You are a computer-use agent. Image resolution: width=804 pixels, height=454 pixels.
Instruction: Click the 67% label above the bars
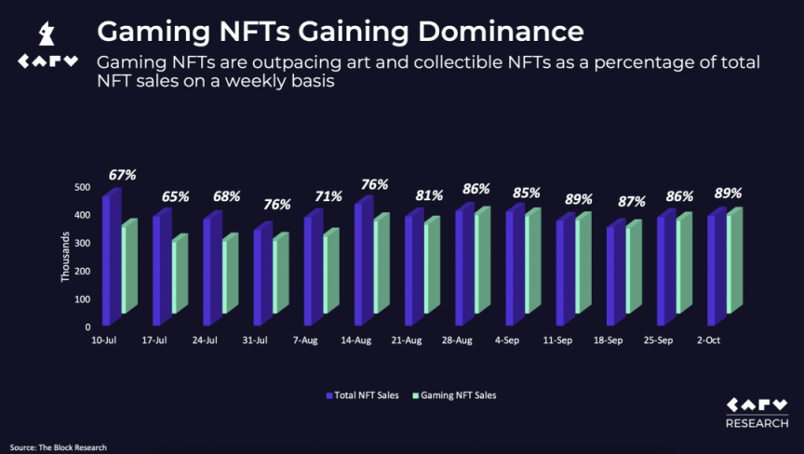122,174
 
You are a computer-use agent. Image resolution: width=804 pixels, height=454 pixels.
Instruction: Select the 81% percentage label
429,196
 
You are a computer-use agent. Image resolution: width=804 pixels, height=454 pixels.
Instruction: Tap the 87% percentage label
631,202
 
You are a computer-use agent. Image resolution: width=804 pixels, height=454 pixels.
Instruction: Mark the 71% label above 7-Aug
328,196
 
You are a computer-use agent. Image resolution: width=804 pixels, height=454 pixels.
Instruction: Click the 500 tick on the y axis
83,188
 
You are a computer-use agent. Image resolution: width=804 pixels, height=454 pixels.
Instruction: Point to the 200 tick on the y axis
83,272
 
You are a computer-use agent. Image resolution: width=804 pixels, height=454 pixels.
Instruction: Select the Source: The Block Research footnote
59,447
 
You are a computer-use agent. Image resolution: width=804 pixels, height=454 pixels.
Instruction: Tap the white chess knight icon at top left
43,35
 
